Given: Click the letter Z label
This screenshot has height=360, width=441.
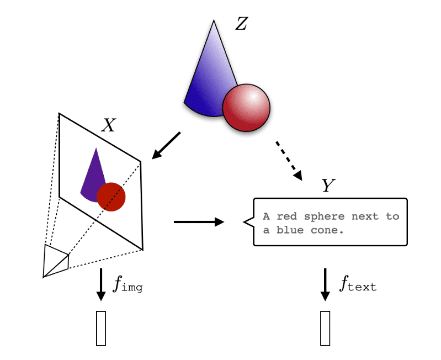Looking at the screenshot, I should coord(241,24).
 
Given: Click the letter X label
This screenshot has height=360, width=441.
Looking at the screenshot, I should coord(109,126).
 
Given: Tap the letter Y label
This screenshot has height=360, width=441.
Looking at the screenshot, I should coord(328,186).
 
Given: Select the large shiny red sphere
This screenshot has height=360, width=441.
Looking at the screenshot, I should coord(246,108).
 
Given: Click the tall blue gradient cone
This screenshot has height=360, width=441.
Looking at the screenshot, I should coord(210,77).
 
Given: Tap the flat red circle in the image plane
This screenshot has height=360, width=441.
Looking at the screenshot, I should coord(111,197).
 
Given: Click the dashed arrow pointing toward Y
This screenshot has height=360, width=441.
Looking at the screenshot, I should coord(288,160).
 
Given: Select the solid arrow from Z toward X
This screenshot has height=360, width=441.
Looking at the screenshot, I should coord(166,145).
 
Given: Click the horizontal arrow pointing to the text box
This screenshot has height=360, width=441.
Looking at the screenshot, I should coord(199,222).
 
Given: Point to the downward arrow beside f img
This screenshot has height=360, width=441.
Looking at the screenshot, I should coord(100,284).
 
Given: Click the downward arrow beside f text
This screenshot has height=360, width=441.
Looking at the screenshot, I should coord(325,284).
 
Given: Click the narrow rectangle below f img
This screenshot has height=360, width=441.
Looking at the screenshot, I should coord(101,329).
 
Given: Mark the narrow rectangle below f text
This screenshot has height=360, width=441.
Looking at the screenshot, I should coord(325,329).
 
